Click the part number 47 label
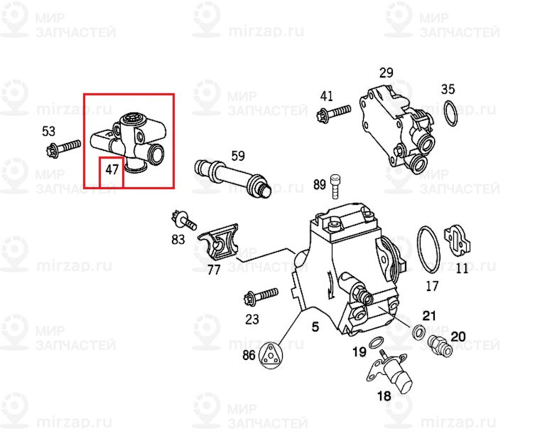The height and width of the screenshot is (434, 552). [x=112, y=170]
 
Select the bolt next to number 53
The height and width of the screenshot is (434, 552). [x=64, y=149]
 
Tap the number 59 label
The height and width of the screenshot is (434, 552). [x=237, y=155]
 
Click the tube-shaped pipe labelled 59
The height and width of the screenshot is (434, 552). [x=233, y=178]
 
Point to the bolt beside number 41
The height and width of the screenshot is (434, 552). [x=335, y=112]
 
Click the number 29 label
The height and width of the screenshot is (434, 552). [x=386, y=73]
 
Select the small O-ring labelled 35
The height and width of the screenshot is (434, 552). [x=449, y=113]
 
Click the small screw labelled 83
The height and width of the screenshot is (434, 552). [x=182, y=220]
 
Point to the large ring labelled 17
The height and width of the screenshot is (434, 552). [x=428, y=249]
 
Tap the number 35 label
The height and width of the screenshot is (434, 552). [x=448, y=89]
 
